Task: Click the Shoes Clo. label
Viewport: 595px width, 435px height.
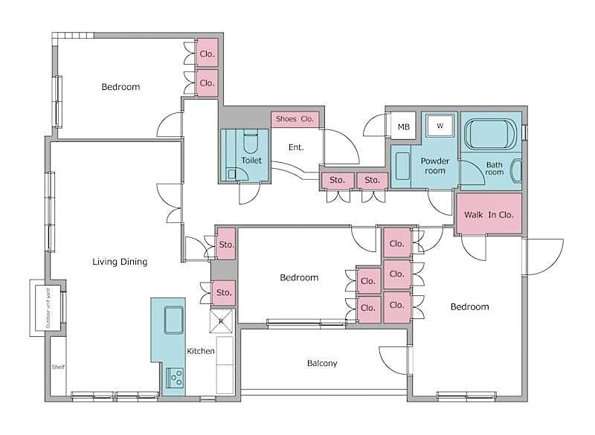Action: pyautogui.click(x=295, y=119)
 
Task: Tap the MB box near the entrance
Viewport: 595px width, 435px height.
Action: pyautogui.click(x=403, y=127)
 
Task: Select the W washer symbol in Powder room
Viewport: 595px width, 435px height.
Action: pyautogui.click(x=440, y=126)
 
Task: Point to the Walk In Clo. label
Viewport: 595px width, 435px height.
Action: pyautogui.click(x=489, y=215)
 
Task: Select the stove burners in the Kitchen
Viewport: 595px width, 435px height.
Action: pyautogui.click(x=176, y=378)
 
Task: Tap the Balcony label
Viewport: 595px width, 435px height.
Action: pyautogui.click(x=322, y=364)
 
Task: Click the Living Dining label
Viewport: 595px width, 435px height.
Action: pyautogui.click(x=120, y=262)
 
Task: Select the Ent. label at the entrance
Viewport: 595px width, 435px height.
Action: pyautogui.click(x=296, y=147)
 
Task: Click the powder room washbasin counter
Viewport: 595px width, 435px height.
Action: pyautogui.click(x=402, y=165)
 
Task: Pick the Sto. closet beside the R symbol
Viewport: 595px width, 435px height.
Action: pyautogui.click(x=224, y=293)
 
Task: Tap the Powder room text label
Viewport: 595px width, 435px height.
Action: pyautogui.click(x=435, y=166)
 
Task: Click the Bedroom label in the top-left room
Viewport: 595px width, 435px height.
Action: pyautogui.click(x=120, y=87)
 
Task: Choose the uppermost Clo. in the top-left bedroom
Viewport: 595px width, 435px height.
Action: pyautogui.click(x=207, y=54)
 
